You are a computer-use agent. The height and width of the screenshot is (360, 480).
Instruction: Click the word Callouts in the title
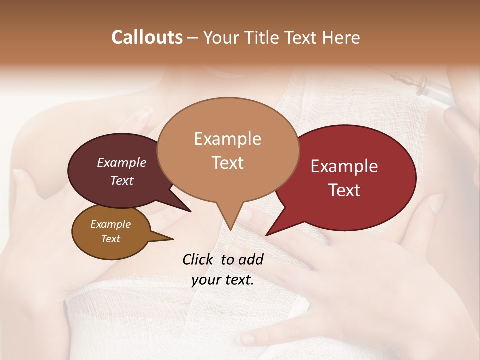(x=147, y=37)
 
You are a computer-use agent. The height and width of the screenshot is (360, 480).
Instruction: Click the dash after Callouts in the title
(x=193, y=38)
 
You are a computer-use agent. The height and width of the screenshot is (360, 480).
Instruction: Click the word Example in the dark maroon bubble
(x=121, y=163)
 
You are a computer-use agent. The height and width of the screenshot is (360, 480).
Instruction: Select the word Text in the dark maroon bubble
(x=121, y=181)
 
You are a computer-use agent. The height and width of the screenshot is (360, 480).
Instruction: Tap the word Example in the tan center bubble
(x=227, y=139)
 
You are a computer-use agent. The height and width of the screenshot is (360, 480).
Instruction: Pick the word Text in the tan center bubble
(x=227, y=163)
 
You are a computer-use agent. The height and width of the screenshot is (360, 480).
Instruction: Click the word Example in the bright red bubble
(x=344, y=166)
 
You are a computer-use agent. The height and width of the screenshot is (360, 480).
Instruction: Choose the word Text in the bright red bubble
(x=344, y=190)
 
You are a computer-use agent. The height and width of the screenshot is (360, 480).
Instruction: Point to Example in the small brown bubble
(x=110, y=224)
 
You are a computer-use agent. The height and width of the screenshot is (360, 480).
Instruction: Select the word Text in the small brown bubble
(x=110, y=239)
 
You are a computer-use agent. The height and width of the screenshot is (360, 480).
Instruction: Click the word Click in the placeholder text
(x=199, y=259)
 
